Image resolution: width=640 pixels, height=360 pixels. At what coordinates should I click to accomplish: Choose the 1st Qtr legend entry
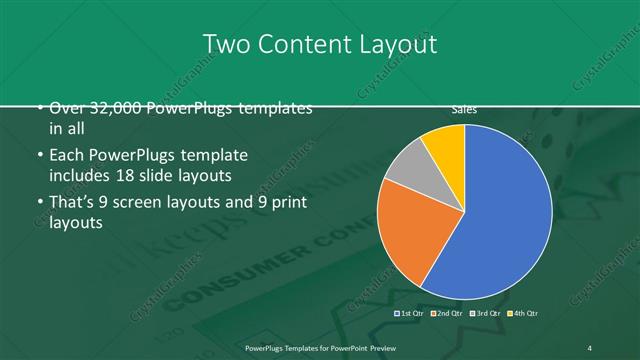click(x=411, y=313)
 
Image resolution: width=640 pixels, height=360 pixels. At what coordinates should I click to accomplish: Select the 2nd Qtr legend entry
click(x=447, y=313)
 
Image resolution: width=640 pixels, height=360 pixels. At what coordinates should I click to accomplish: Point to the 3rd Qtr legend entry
click(x=484, y=313)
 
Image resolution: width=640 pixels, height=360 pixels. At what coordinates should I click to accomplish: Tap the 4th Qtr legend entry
click(x=521, y=313)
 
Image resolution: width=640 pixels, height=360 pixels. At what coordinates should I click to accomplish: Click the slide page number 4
click(x=591, y=347)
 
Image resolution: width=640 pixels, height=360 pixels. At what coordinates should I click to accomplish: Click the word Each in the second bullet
click(x=65, y=156)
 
